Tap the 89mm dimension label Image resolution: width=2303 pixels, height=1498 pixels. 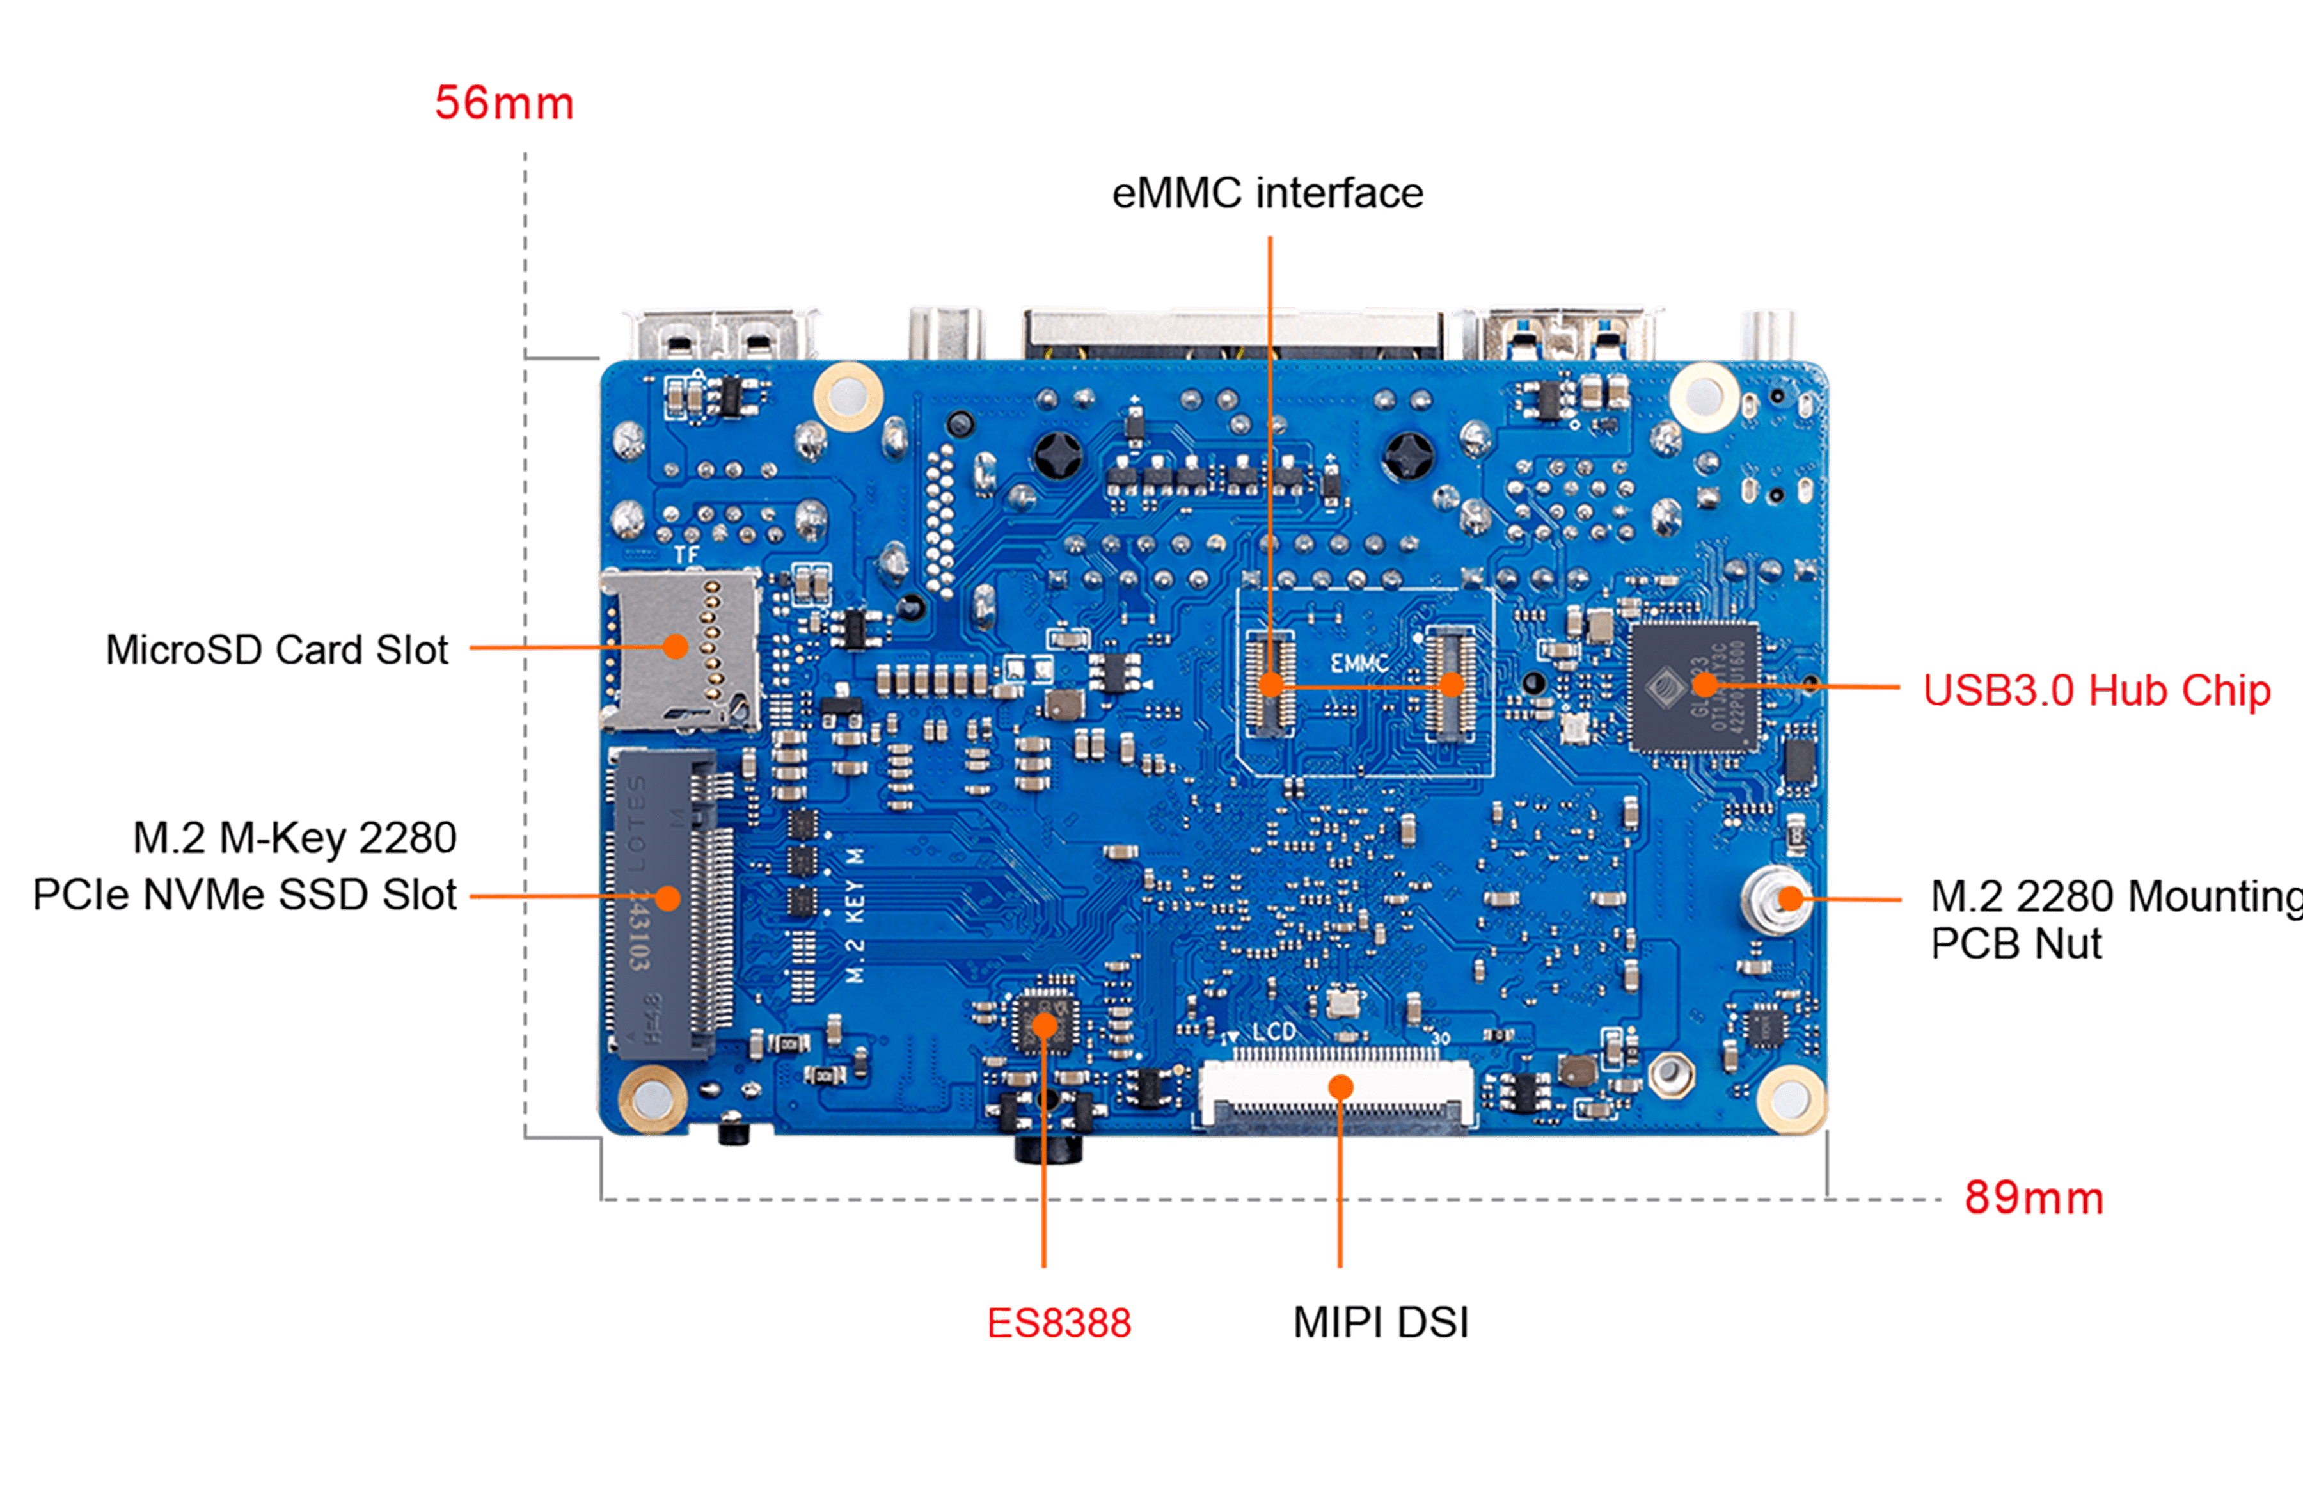pos(2034,1198)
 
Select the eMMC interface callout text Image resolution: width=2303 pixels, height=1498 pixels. pos(1268,193)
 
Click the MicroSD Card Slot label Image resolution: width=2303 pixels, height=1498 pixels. pos(277,649)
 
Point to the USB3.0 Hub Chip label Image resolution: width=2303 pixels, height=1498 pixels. pos(2096,690)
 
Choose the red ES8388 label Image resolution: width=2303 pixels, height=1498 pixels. pos(1059,1323)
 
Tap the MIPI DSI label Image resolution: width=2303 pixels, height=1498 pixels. pos(1381,1323)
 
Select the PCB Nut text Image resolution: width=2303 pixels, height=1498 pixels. pos(2016,943)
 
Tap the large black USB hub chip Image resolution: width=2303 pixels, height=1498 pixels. pos(1693,686)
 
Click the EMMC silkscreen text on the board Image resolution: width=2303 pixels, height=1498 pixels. pos(1359,664)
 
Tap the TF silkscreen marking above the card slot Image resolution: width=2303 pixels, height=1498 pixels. pos(686,555)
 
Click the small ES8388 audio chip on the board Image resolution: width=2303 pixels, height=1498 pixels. pos(1043,1022)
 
